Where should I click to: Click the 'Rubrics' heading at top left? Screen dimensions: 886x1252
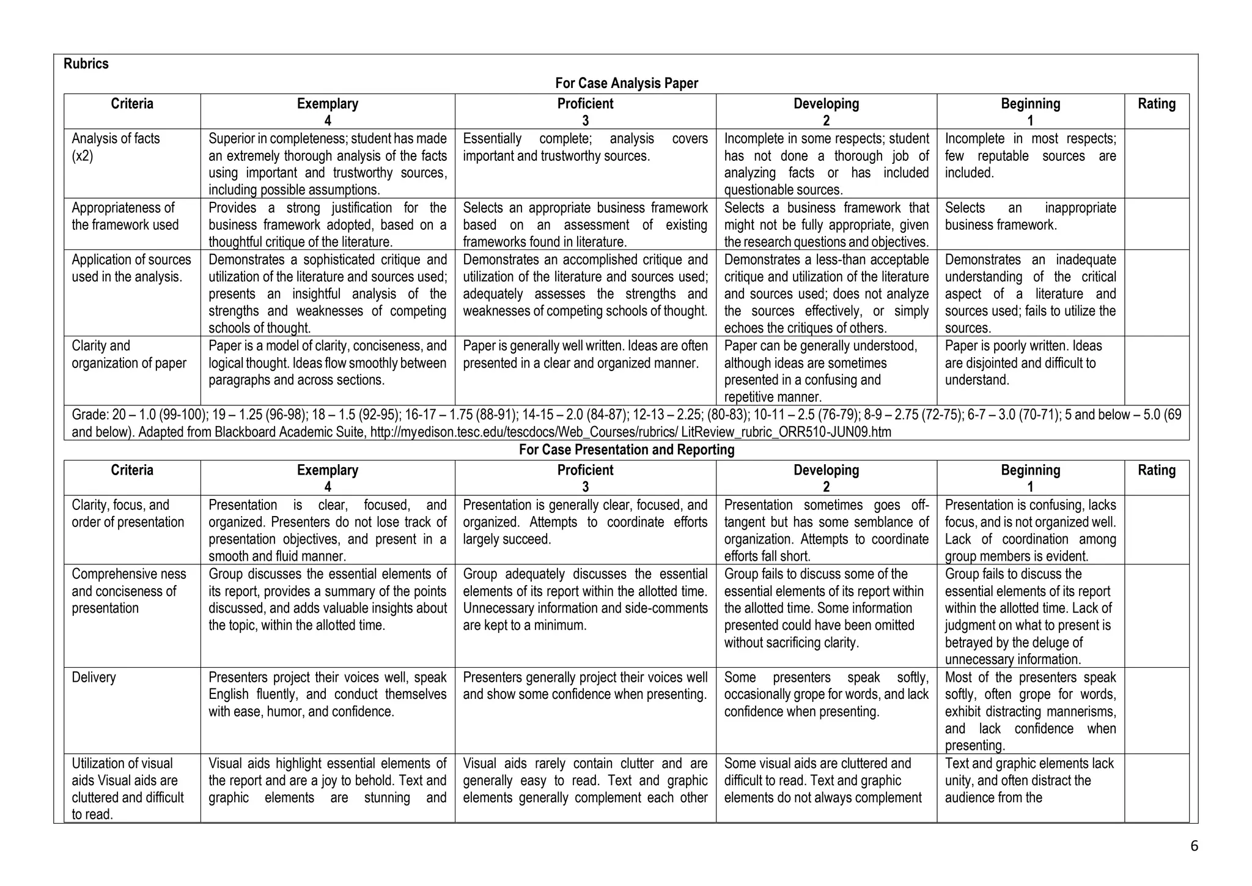[x=86, y=64]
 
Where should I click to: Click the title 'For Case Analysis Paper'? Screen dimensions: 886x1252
[x=626, y=83]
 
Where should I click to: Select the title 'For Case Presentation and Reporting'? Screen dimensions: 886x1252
[x=626, y=450]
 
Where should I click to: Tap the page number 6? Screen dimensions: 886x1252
[x=1194, y=846]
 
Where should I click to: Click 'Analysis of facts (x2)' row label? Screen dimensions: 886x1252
[x=116, y=147]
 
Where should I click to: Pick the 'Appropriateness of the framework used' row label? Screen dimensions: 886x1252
[x=125, y=216]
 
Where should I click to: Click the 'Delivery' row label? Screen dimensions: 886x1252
[x=94, y=677]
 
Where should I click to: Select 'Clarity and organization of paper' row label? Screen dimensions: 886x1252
[x=128, y=355]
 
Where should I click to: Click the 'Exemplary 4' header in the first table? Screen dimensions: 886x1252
[x=328, y=111]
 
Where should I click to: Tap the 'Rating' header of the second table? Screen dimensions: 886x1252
[x=1156, y=470]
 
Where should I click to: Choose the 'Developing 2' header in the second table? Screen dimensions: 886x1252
[x=826, y=478]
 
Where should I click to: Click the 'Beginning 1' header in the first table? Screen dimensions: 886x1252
[x=1030, y=111]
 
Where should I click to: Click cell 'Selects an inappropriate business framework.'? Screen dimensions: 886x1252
[x=1030, y=216]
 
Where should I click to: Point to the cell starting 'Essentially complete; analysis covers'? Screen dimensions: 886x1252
[x=585, y=147]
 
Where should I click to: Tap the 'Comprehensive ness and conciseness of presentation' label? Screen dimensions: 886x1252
[x=128, y=591]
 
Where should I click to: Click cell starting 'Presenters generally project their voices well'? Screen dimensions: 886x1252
[x=585, y=686]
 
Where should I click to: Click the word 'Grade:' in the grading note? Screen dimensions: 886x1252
[x=90, y=415]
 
